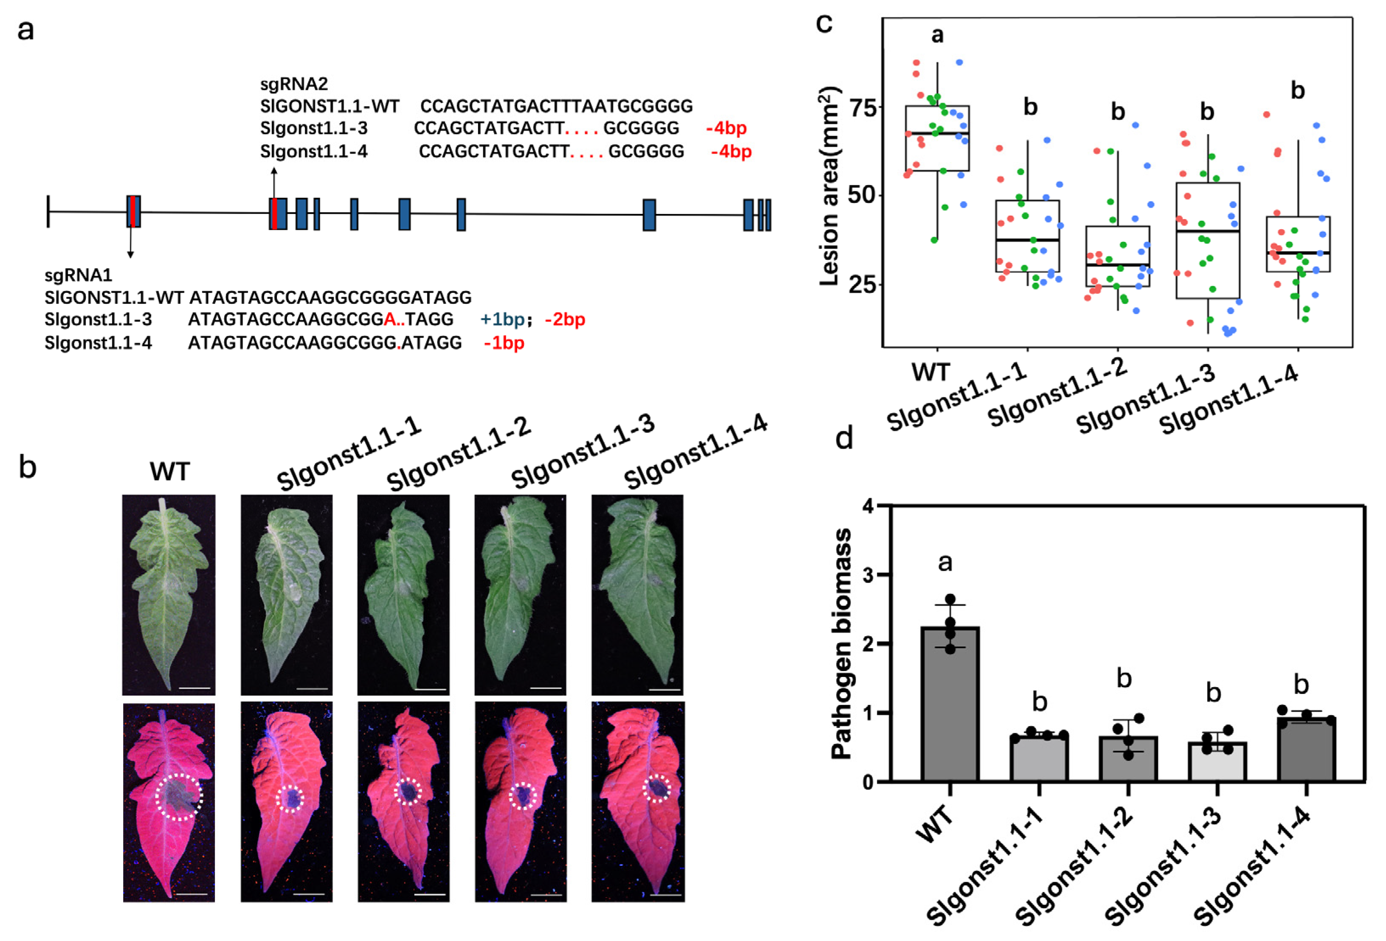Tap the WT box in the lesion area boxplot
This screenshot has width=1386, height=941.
pyautogui.click(x=936, y=138)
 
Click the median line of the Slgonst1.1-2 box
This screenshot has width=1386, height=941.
pyautogui.click(x=1117, y=264)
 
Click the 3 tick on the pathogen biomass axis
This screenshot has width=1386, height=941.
pyautogui.click(x=870, y=575)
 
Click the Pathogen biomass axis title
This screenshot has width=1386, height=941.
pyautogui.click(x=841, y=643)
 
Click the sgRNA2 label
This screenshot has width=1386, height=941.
pyautogui.click(x=294, y=84)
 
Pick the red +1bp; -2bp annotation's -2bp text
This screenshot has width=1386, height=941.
pyautogui.click(x=565, y=320)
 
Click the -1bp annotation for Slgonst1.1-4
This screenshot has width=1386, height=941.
pyautogui.click(x=504, y=343)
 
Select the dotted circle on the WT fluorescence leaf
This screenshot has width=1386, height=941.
pyautogui.click(x=178, y=797)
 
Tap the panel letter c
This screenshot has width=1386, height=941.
pyautogui.click(x=824, y=24)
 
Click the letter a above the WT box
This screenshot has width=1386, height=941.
pyautogui.click(x=937, y=35)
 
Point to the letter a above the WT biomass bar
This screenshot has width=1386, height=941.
pyautogui.click(x=945, y=562)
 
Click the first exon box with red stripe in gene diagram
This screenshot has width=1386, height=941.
pyautogui.click(x=134, y=211)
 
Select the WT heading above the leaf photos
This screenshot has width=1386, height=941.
pyautogui.click(x=169, y=472)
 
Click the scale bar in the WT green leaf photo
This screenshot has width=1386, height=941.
pyautogui.click(x=194, y=688)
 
